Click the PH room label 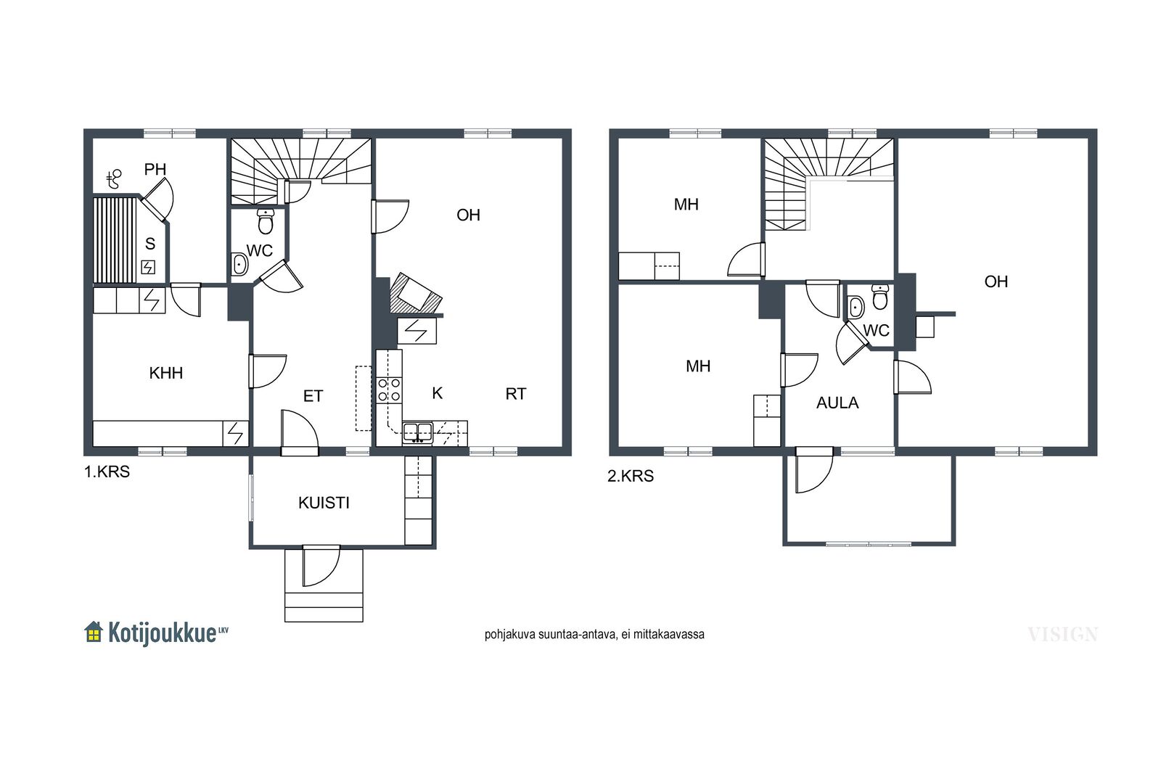pos(155,169)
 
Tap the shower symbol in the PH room pos(114,179)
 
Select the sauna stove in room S pos(148,268)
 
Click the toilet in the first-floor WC pos(266,222)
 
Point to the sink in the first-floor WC pos(239,265)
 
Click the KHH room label pos(166,373)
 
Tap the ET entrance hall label pos(313,396)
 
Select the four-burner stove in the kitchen pos(389,390)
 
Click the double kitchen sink pos(418,432)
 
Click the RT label pos(516,394)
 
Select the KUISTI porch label pos(324,503)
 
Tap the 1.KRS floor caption pos(107,472)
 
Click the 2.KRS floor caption pos(631,476)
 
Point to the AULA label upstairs pos(837,403)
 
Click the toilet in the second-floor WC pos(880,297)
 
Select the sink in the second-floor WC pos(856,308)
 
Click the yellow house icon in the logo pos(94,632)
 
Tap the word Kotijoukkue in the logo pos(162,633)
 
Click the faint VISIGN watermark pos(1063,634)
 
